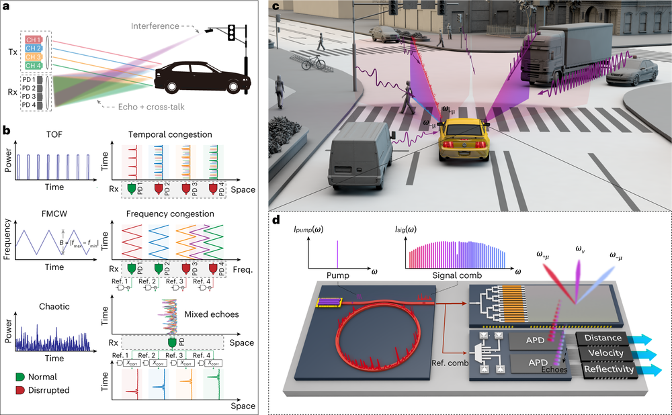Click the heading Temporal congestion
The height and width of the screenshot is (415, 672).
coord(173,134)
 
